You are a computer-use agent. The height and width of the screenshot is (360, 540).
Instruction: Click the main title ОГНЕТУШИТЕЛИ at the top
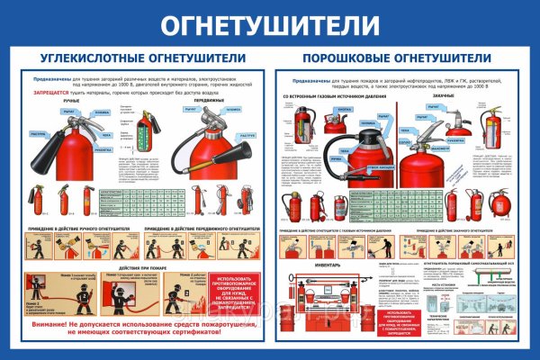tap(270, 24)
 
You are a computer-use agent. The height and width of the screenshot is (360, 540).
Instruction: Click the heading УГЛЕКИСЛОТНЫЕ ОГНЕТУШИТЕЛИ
tap(139, 59)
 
